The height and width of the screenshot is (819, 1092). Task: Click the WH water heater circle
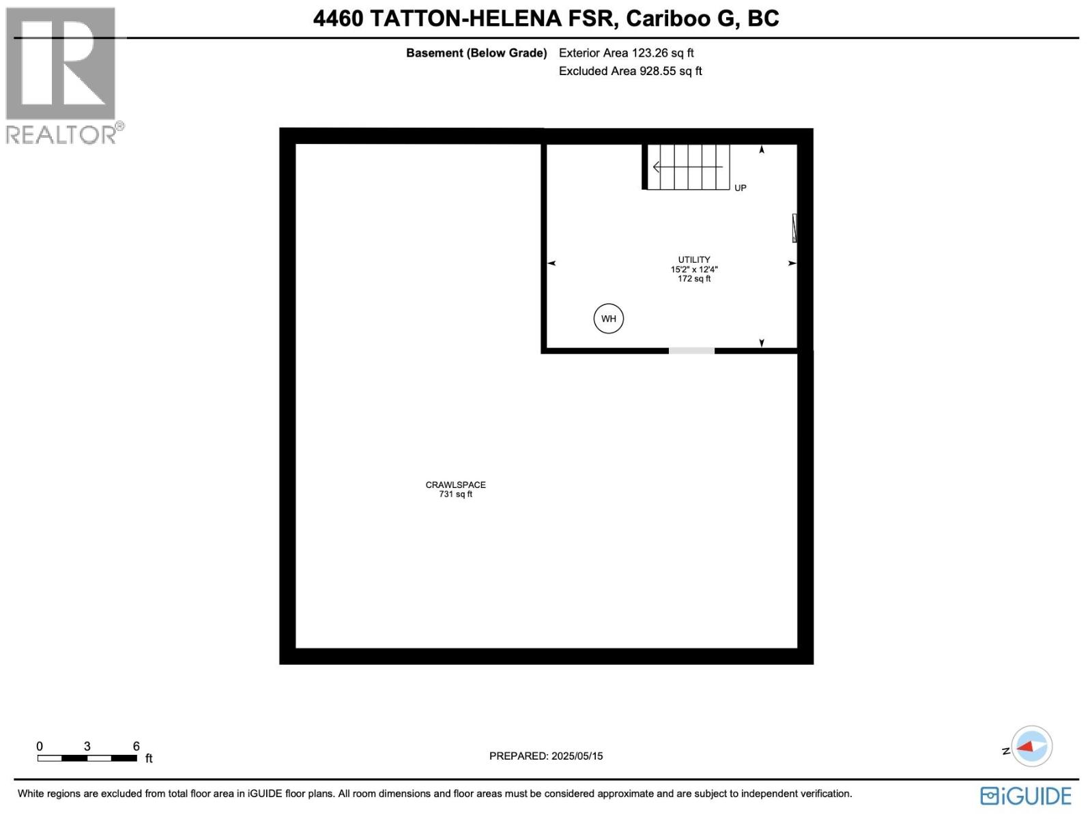pos(608,319)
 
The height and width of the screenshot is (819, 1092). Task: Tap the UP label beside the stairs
pos(741,188)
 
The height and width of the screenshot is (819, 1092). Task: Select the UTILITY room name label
pos(693,259)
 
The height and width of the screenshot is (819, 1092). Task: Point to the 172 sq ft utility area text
pos(693,278)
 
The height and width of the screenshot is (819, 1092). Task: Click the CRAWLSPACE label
pos(455,485)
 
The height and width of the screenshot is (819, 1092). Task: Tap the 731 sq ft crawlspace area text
pos(455,494)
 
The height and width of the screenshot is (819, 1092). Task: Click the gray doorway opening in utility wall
pos(691,351)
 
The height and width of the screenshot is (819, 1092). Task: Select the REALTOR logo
pos(63,75)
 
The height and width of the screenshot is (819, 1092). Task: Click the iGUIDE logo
pos(1026,796)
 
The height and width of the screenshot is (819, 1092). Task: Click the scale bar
pos(87,758)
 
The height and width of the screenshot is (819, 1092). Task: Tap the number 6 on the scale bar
pos(136,746)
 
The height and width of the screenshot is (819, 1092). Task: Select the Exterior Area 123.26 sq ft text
pos(626,53)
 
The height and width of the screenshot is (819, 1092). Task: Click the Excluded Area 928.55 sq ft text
pos(630,71)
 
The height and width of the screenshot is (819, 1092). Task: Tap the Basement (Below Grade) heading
pos(476,53)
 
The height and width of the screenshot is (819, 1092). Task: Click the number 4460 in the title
pos(338,18)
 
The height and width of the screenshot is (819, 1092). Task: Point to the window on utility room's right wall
pos(794,228)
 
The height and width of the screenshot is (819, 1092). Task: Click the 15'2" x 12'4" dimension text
pos(693,269)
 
